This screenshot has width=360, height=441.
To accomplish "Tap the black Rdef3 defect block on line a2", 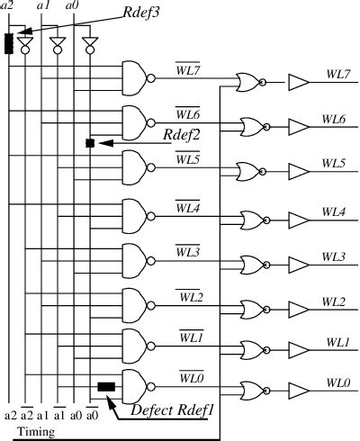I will click(9, 42).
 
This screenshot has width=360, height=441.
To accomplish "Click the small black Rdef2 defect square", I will click(89, 143).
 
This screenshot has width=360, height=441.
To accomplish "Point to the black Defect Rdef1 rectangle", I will click(107, 387).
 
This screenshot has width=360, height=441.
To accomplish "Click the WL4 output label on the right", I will click(334, 211).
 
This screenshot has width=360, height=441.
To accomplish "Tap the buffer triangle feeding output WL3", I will click(298, 263).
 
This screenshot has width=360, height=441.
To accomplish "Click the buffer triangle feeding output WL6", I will click(298, 127).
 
